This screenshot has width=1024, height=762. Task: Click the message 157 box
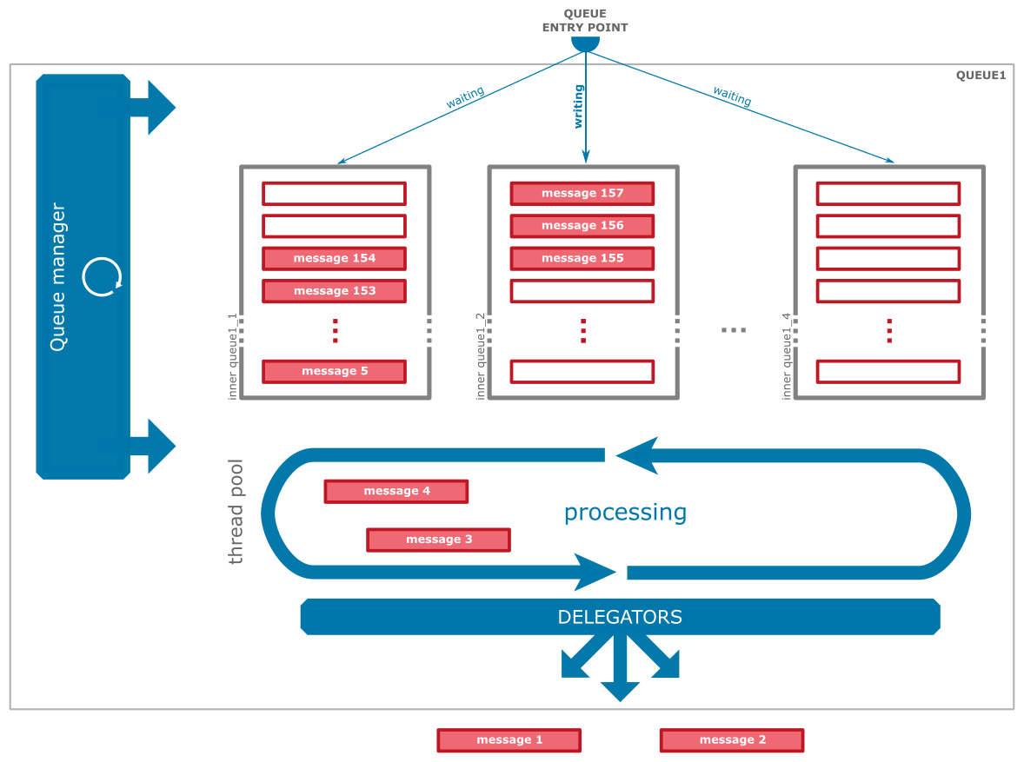coord(582,193)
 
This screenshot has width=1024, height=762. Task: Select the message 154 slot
coord(334,258)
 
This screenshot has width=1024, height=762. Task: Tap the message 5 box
coord(334,371)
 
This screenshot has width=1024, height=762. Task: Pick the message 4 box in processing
coord(396,491)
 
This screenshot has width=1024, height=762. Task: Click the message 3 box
coord(438,540)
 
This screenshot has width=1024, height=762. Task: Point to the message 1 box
coord(509,740)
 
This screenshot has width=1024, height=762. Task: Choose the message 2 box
coord(732,740)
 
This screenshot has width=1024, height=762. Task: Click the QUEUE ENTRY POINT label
coord(585,21)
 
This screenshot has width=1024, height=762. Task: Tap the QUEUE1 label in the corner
coord(981,76)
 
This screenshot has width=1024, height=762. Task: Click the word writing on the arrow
coord(579,106)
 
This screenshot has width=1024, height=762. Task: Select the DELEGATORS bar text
coord(620,618)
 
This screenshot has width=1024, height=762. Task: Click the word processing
coord(625,513)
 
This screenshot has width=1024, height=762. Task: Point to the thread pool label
coord(236,512)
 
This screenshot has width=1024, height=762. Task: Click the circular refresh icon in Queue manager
coord(102,277)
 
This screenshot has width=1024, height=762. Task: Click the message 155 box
coord(582,258)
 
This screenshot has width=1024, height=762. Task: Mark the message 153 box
coord(334,290)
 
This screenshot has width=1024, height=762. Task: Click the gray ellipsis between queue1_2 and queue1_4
coord(734,330)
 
